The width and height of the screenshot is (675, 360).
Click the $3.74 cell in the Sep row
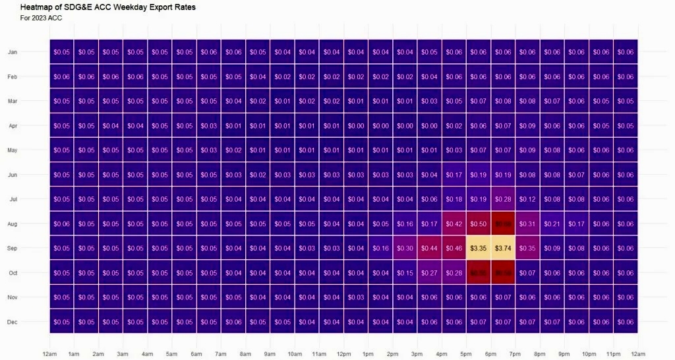(x=503, y=249)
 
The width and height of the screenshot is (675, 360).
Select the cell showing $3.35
(x=478, y=249)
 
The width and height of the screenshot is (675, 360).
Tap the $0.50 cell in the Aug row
(x=478, y=224)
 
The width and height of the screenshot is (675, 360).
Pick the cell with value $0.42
(x=454, y=224)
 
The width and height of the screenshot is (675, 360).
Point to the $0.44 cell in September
(x=429, y=249)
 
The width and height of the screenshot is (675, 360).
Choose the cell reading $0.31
(x=527, y=224)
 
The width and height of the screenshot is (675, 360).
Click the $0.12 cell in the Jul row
(x=527, y=199)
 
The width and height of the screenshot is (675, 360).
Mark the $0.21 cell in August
(x=552, y=224)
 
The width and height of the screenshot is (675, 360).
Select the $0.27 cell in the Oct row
(x=429, y=273)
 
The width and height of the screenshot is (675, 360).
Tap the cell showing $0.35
(x=527, y=249)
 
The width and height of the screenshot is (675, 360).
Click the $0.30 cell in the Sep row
(x=405, y=249)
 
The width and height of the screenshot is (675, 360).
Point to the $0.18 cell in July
(x=454, y=199)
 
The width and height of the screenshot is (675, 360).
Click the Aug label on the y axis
(x=13, y=224)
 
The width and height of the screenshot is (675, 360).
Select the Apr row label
(x=13, y=126)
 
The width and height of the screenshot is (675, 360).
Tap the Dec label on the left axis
(x=13, y=322)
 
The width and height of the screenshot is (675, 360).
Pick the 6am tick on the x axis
(x=196, y=354)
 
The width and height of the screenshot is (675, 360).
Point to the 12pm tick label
(x=343, y=354)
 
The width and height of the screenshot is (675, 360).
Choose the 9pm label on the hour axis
(x=564, y=354)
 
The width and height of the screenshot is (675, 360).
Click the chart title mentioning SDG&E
(x=108, y=7)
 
